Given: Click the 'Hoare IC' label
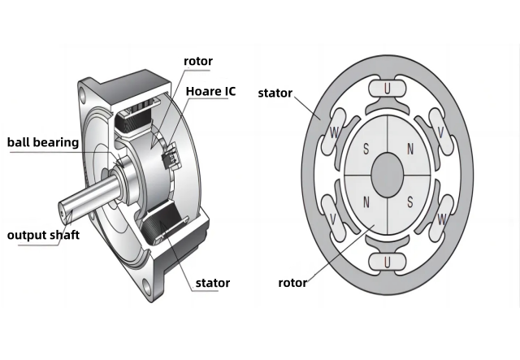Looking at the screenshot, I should [210, 91].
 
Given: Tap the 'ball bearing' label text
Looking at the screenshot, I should [43, 142].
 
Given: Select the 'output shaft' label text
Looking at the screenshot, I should [43, 236].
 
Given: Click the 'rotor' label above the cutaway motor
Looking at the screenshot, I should [198, 62].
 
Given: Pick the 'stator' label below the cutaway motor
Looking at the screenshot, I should [212, 283].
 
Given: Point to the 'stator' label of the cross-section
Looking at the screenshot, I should [275, 92].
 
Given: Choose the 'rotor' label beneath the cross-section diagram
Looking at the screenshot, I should [292, 283].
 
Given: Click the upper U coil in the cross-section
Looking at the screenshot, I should [388, 88].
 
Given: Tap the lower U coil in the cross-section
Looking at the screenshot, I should [388, 261].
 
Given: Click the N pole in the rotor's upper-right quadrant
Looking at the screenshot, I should [409, 150].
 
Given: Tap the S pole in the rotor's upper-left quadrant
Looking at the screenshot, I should [367, 150].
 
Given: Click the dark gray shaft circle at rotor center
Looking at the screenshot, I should [388, 175].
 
